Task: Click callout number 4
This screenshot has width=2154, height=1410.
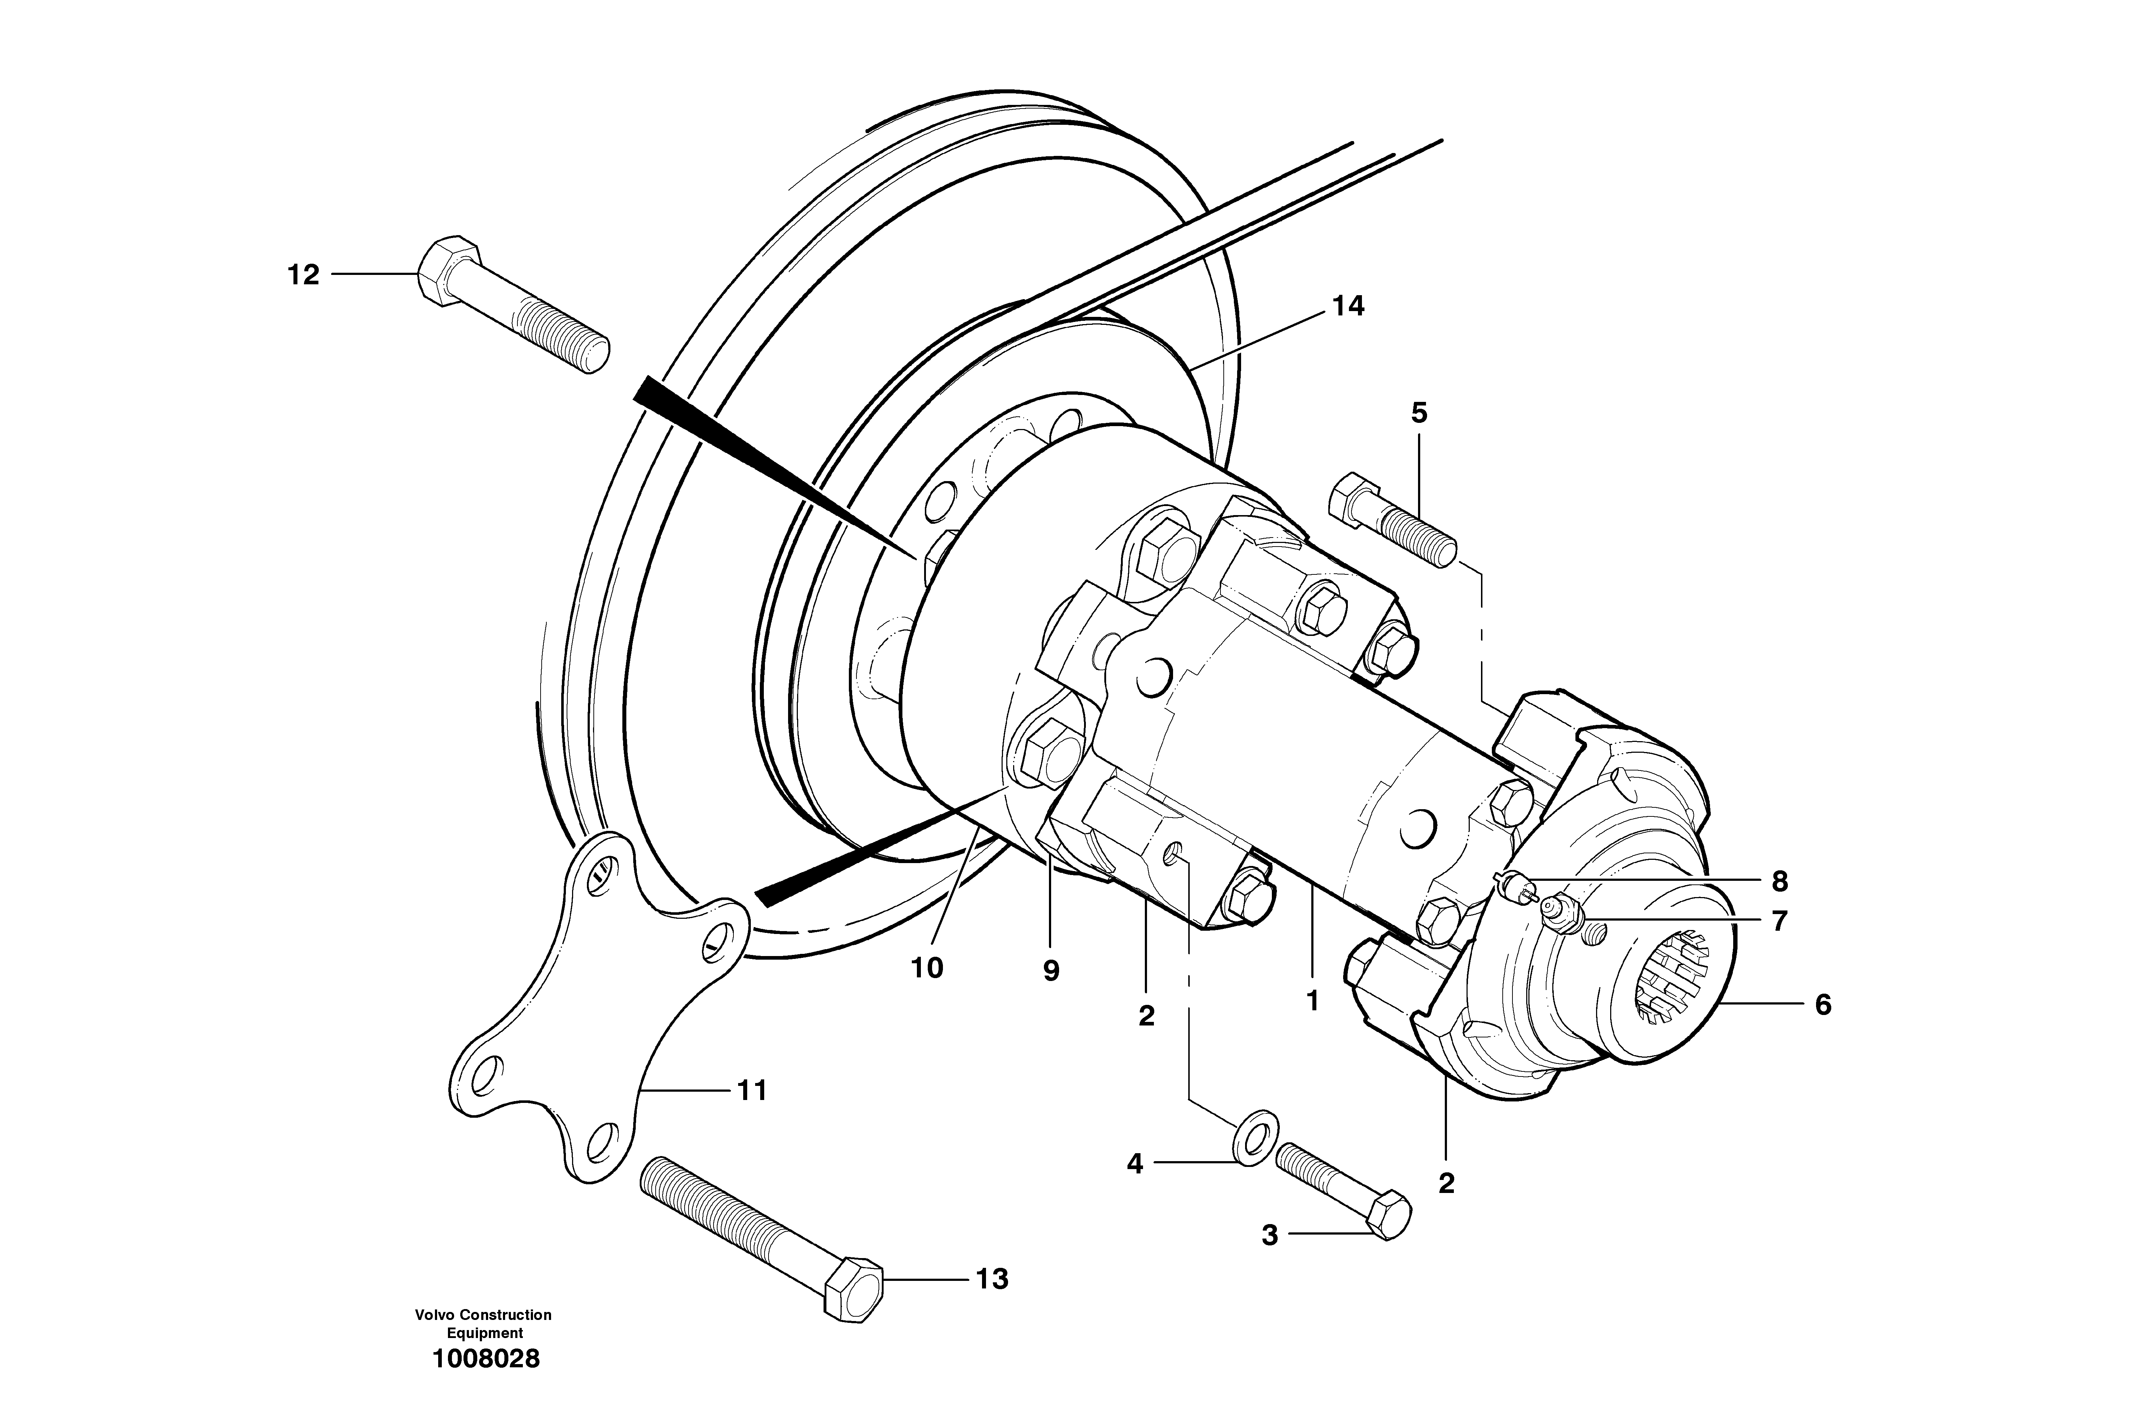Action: point(1134,1164)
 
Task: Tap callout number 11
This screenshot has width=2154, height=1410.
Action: point(751,1091)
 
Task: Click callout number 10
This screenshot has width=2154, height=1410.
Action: point(927,968)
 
